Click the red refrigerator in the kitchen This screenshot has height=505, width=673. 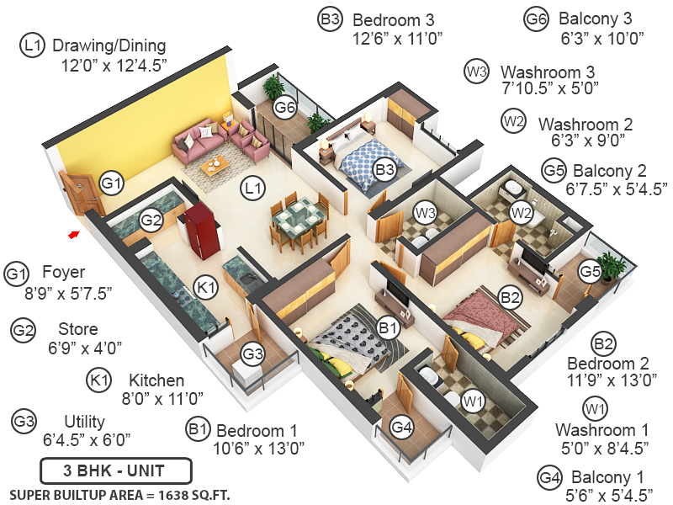(x=200, y=228)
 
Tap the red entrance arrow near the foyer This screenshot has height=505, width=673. (x=74, y=234)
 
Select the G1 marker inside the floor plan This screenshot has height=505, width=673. (x=112, y=182)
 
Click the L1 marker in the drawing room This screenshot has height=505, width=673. (x=252, y=189)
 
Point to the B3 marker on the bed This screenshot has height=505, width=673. (x=384, y=170)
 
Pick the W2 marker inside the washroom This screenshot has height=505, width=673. (x=522, y=210)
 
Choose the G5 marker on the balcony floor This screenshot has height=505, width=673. (x=588, y=271)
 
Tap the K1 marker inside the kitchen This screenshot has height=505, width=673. (x=206, y=288)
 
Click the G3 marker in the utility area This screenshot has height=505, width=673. (x=252, y=354)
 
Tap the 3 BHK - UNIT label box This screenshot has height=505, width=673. (x=116, y=470)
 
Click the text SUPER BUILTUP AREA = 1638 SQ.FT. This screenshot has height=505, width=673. (x=119, y=493)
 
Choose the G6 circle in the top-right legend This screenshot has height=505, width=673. (x=535, y=19)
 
